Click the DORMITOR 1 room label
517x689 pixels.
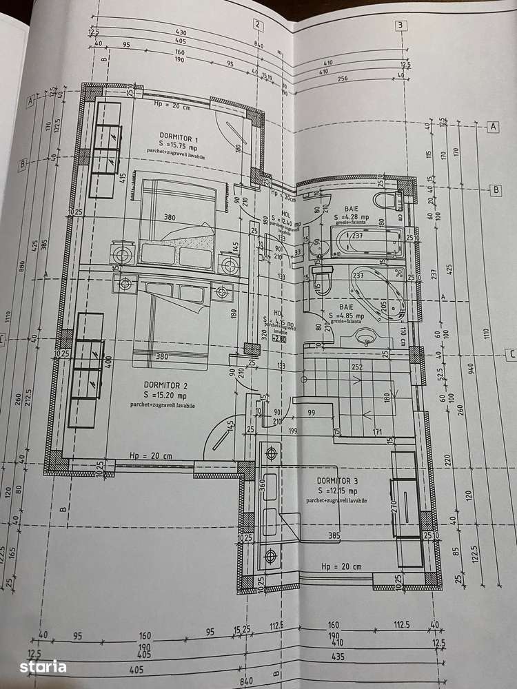168,140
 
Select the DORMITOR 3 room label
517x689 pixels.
337,480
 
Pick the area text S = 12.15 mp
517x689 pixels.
336,490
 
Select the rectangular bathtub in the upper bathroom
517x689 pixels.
366,243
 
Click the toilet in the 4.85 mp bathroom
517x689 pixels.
322,279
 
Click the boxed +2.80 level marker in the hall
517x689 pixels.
278,338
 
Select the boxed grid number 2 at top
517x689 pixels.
257,25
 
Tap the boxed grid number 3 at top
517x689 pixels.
401,27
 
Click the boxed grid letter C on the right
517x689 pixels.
511,355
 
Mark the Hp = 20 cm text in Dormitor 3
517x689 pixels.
341,566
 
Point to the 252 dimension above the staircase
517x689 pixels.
356,367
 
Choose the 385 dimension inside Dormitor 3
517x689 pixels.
334,535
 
